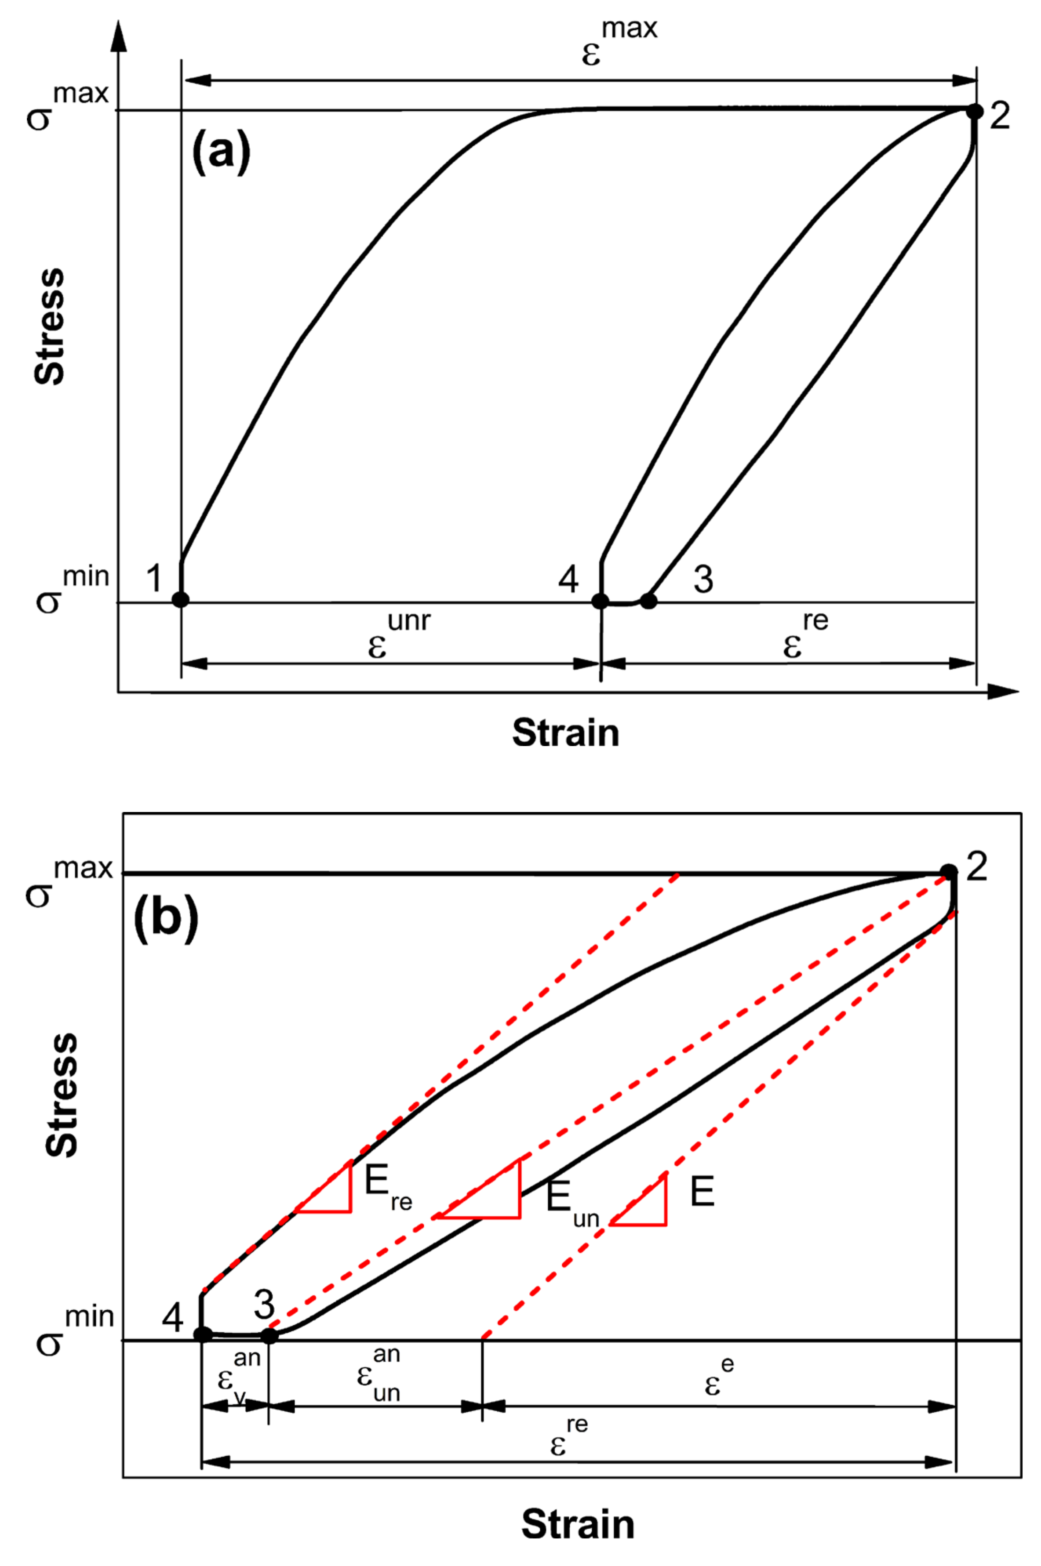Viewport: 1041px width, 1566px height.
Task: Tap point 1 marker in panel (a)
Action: click(x=181, y=599)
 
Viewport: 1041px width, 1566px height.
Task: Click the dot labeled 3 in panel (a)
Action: click(x=648, y=601)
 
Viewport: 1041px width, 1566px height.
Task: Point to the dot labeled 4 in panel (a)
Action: click(x=600, y=601)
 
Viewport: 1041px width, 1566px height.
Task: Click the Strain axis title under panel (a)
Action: click(x=566, y=733)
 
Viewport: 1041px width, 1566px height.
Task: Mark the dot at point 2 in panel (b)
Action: click(x=949, y=871)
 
